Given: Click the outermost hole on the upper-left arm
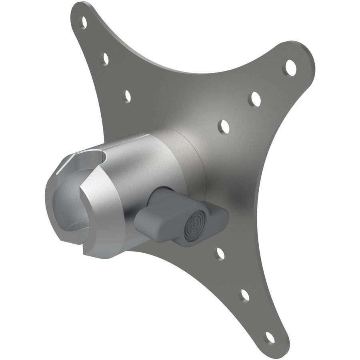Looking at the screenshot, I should [84, 18].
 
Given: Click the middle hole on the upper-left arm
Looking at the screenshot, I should [106, 58].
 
